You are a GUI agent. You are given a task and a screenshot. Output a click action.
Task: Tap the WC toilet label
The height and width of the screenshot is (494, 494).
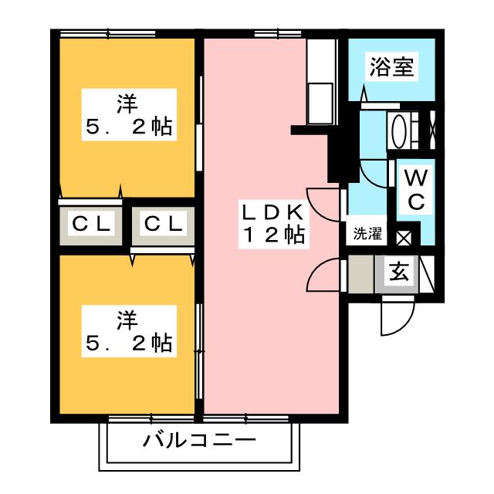(415, 190)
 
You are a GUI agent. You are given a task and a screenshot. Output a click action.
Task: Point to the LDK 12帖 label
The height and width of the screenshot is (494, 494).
(273, 224)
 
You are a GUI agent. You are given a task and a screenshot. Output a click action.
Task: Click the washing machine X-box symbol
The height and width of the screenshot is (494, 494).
(404, 237)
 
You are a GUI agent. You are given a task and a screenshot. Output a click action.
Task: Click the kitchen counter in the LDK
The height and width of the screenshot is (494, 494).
(320, 81)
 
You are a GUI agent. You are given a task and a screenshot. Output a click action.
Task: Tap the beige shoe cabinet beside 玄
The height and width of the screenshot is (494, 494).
(360, 274)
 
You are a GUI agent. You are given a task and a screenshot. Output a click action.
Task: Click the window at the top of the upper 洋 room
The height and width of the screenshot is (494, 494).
(108, 33)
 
